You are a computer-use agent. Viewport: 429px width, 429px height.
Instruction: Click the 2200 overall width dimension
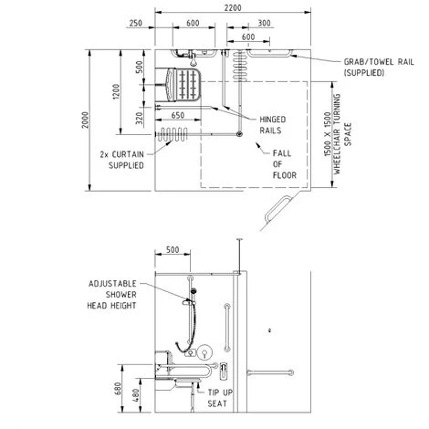(x=233, y=7)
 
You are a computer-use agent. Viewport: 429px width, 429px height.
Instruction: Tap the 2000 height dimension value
(x=86, y=120)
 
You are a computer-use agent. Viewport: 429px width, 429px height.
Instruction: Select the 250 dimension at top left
(x=135, y=23)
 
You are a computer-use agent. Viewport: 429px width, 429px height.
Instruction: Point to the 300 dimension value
(x=264, y=23)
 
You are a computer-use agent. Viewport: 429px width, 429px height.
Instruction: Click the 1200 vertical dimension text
(x=116, y=91)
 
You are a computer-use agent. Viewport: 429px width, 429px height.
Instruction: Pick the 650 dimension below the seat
(x=178, y=115)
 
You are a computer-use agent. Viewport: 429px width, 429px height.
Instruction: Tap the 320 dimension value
(x=139, y=119)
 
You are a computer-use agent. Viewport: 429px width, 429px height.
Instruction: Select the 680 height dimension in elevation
(x=118, y=388)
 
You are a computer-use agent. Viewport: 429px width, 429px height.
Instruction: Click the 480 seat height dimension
(x=136, y=395)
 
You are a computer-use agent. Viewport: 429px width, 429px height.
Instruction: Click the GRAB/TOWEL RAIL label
(x=379, y=68)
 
